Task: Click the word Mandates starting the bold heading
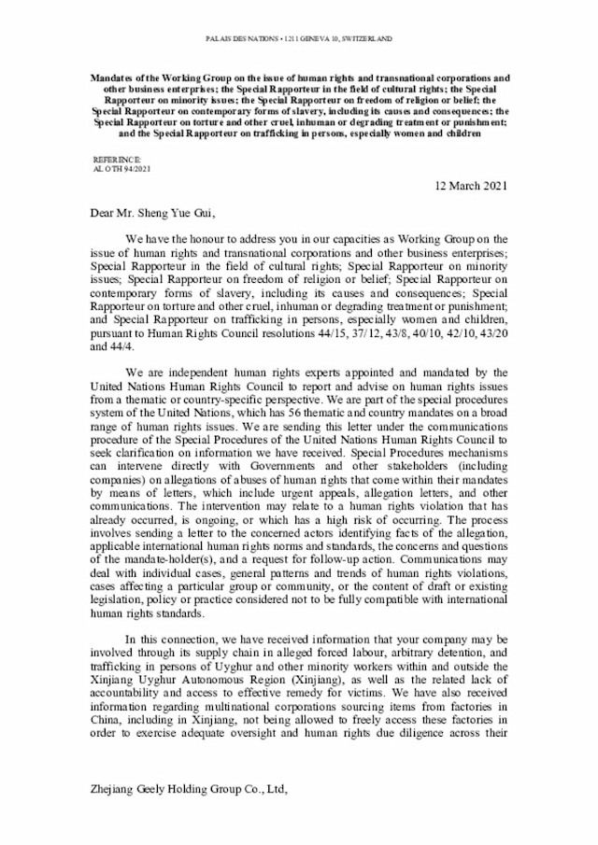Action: [x=115, y=77]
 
